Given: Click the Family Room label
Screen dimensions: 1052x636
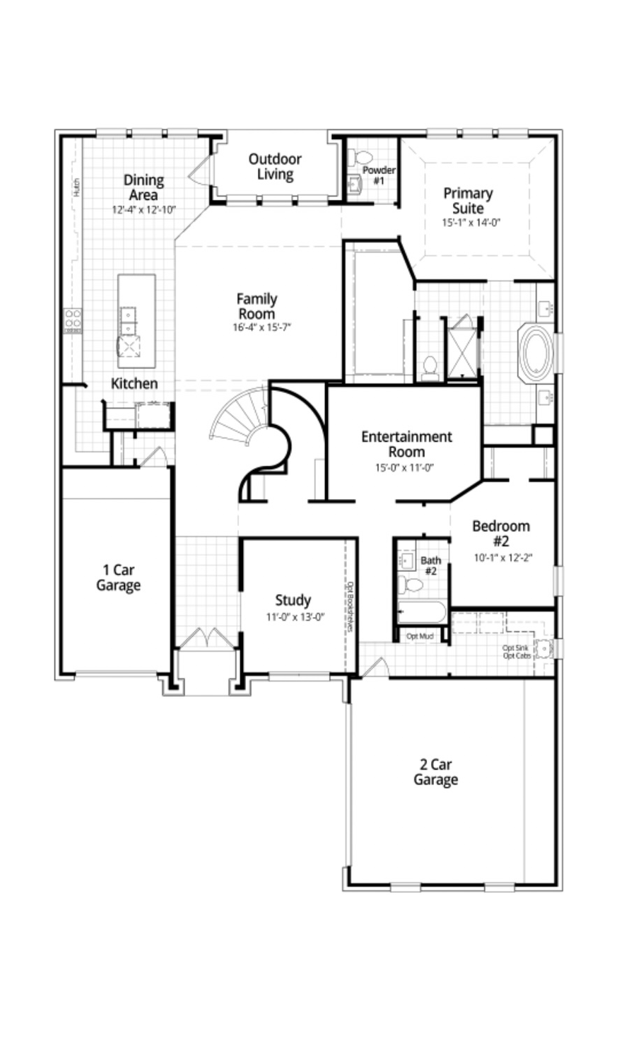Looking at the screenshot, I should (x=257, y=306).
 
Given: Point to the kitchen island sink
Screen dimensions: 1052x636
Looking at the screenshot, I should (x=128, y=320).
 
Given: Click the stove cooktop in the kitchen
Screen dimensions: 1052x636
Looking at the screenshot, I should (x=73, y=320).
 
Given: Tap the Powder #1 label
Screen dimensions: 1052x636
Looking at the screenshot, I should (x=379, y=175).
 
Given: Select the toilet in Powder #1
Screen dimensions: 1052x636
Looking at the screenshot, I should (x=364, y=157).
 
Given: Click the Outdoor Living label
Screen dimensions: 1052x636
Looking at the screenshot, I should (x=275, y=166).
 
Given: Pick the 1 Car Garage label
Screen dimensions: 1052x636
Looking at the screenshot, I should (x=118, y=578).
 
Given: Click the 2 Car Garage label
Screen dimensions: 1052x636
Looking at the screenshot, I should (x=435, y=772).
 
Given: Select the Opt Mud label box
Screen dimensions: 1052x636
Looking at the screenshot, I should (x=420, y=636).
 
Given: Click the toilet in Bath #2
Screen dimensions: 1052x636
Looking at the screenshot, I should (x=411, y=585).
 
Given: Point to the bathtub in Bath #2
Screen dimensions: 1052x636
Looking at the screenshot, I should (x=421, y=612).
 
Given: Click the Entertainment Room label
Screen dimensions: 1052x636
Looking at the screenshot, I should (x=406, y=443).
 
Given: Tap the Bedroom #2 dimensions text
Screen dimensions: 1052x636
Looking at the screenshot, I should (x=502, y=557).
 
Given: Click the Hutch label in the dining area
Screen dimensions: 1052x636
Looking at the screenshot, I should (x=76, y=187).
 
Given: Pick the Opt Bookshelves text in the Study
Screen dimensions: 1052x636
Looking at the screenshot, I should (x=350, y=607).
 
